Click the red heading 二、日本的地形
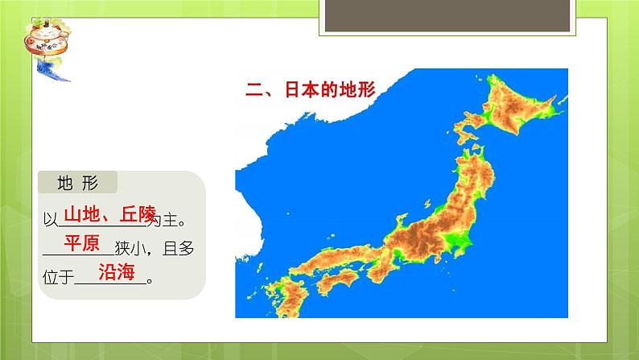311,89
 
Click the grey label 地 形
76,183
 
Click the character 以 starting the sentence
49,218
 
